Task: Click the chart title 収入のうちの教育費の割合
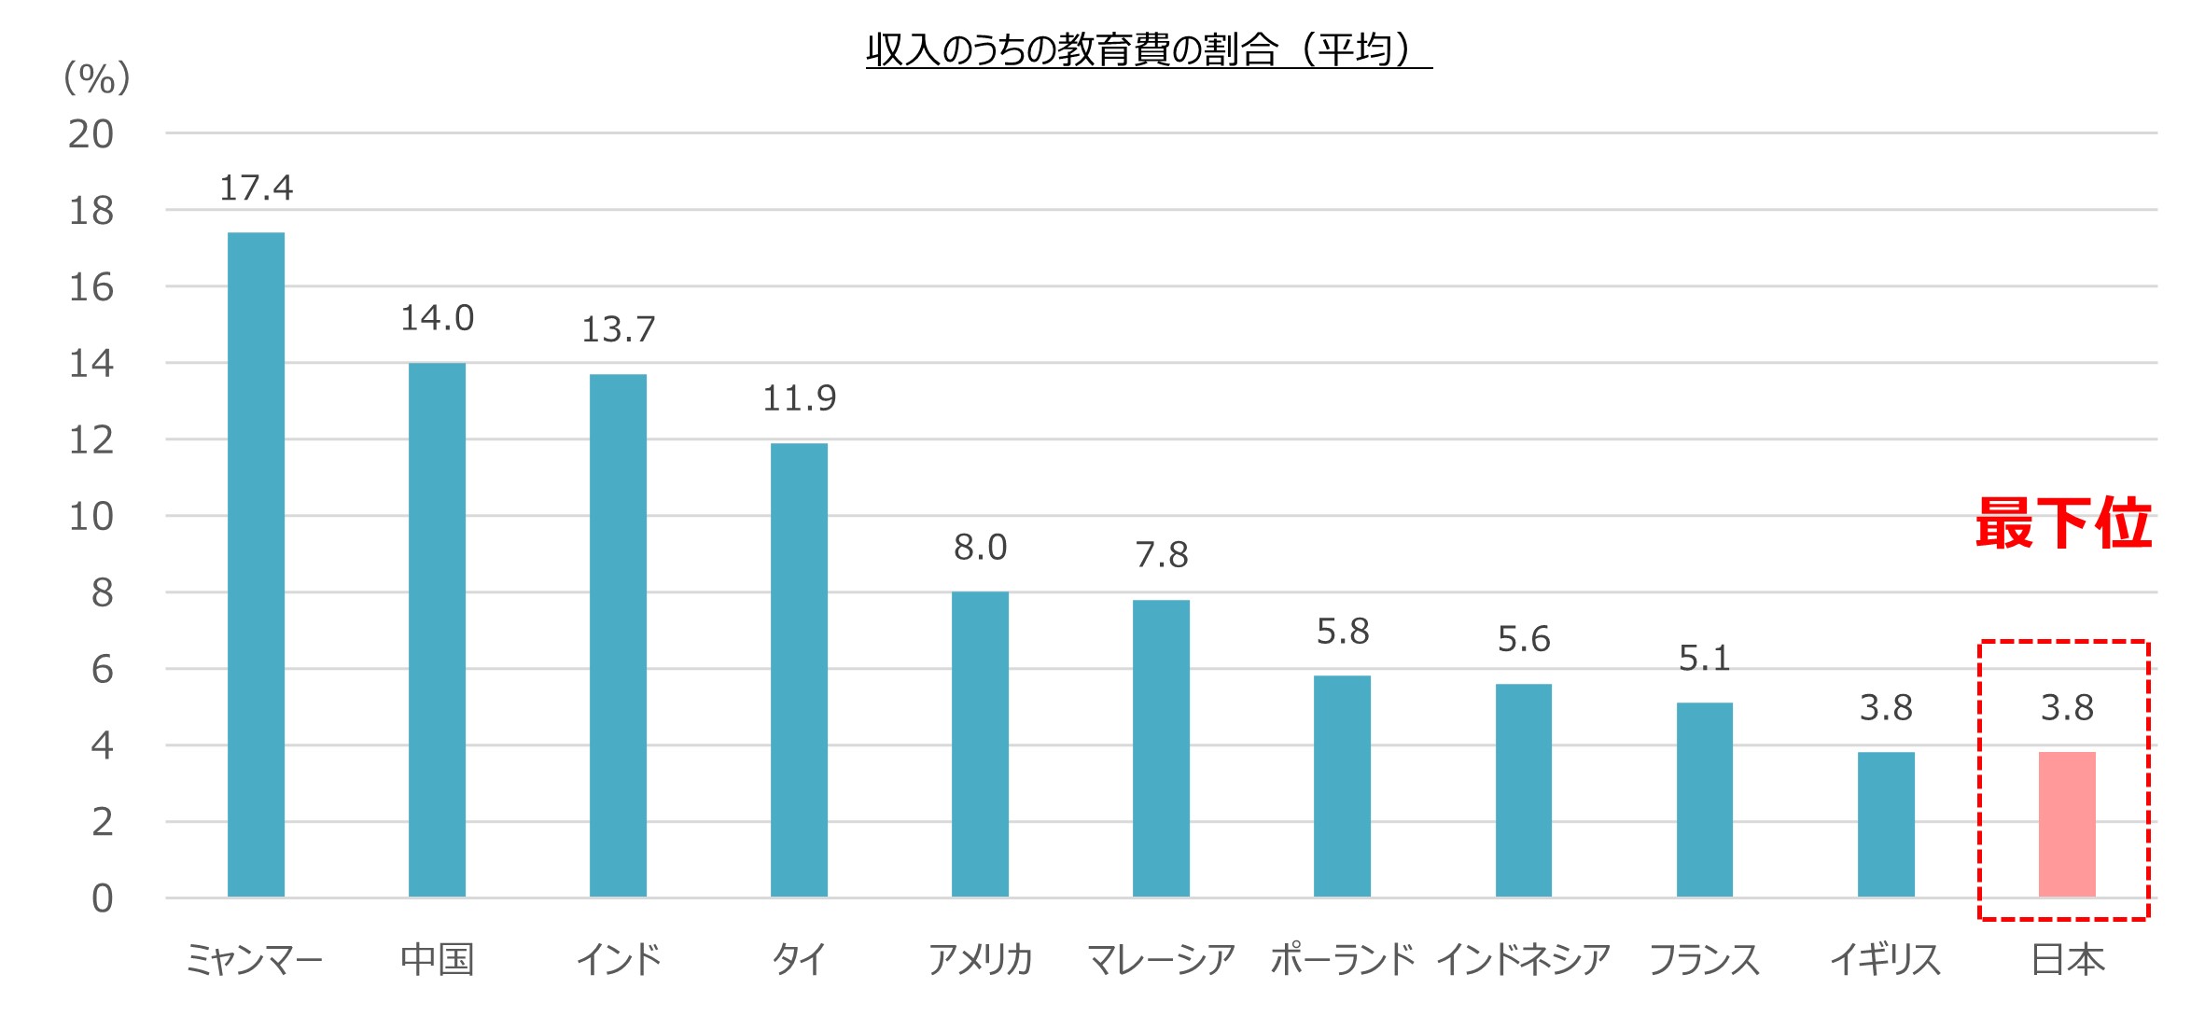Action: (1148, 49)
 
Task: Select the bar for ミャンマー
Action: (256, 564)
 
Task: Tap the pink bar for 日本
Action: (2067, 824)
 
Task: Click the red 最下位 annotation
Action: (2063, 523)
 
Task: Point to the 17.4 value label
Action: (256, 188)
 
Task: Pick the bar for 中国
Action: (437, 630)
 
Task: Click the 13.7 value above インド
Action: (618, 329)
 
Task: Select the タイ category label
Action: (799, 959)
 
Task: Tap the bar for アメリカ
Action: (980, 745)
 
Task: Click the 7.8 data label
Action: (1161, 555)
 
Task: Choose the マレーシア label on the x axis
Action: (1161, 959)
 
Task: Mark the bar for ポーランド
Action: (1342, 786)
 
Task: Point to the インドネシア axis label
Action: (1523, 959)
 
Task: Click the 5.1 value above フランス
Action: (1704, 659)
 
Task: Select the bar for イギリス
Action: (1886, 824)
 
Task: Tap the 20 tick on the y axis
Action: (91, 135)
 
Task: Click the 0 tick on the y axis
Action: (103, 898)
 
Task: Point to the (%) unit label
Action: (96, 78)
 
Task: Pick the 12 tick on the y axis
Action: (91, 440)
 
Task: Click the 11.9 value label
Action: (799, 399)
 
